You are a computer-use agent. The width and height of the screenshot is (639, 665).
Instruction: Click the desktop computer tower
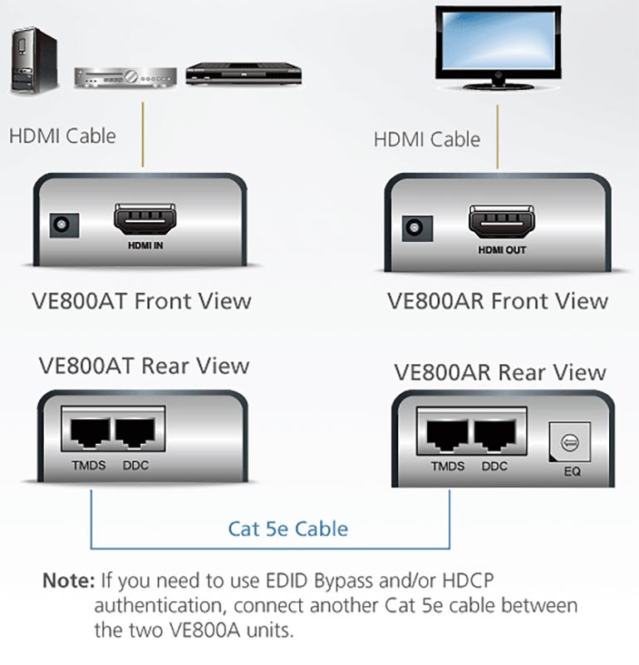(34, 61)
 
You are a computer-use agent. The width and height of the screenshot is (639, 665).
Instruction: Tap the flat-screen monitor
(499, 47)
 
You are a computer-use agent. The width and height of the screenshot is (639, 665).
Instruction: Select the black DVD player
(243, 74)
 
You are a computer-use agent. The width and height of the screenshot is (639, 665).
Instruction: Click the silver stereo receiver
(125, 77)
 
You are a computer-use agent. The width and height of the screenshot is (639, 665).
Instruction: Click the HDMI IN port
(145, 219)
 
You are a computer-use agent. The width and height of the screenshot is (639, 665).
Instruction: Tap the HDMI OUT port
(501, 222)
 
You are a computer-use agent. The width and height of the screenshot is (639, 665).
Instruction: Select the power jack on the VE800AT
(64, 224)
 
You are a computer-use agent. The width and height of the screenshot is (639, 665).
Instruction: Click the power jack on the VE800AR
(417, 228)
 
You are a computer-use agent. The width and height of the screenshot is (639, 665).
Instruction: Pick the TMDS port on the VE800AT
(90, 431)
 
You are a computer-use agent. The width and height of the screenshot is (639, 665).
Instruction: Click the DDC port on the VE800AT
(135, 431)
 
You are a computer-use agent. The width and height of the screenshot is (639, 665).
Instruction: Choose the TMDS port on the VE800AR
(446, 436)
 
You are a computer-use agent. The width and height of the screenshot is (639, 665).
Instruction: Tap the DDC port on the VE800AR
(494, 436)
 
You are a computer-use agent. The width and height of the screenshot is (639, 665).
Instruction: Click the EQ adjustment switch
(569, 441)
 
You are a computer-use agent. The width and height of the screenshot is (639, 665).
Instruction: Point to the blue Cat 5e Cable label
(288, 529)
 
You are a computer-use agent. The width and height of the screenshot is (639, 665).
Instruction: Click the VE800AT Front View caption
(141, 301)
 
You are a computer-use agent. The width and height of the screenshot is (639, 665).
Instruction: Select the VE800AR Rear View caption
(500, 372)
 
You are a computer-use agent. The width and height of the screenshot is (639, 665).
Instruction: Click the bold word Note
(69, 580)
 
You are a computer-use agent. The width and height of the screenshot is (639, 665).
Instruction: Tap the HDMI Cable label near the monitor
(426, 139)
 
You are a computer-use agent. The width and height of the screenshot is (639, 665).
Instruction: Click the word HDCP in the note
(468, 580)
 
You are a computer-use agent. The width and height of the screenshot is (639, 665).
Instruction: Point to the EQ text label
(572, 471)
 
